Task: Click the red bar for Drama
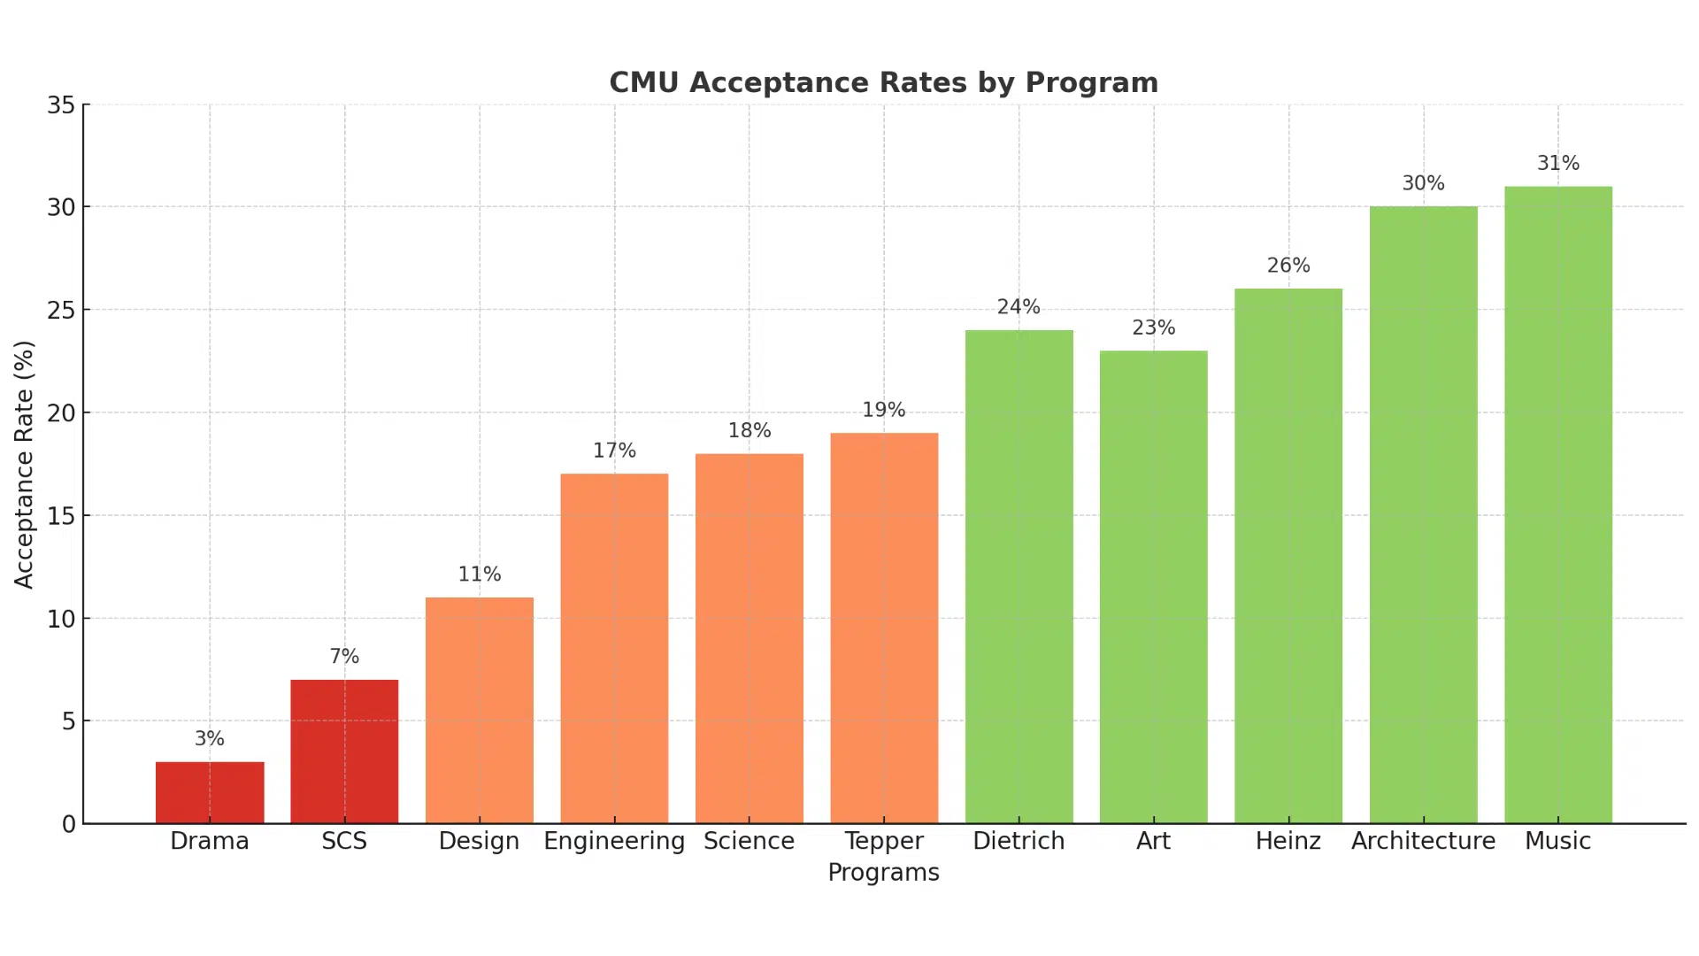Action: [210, 792]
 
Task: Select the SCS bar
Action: [344, 752]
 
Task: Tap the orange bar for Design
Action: [480, 710]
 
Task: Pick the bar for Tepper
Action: [884, 628]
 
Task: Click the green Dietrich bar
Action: [1019, 576]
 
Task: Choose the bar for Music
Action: [1558, 505]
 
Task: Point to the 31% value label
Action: [1558, 164]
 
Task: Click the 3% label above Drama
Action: [210, 739]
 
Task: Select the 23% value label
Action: [1154, 328]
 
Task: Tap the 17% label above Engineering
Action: [614, 451]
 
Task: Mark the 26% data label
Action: [1288, 266]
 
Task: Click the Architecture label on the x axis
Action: [1423, 841]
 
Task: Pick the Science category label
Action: [749, 841]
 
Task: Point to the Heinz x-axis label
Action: [1288, 841]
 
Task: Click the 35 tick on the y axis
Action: [61, 105]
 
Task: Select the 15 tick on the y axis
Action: [61, 516]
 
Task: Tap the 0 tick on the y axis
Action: [69, 824]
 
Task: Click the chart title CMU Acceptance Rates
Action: [883, 82]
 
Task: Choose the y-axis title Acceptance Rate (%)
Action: [24, 464]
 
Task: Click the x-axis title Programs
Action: [883, 873]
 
